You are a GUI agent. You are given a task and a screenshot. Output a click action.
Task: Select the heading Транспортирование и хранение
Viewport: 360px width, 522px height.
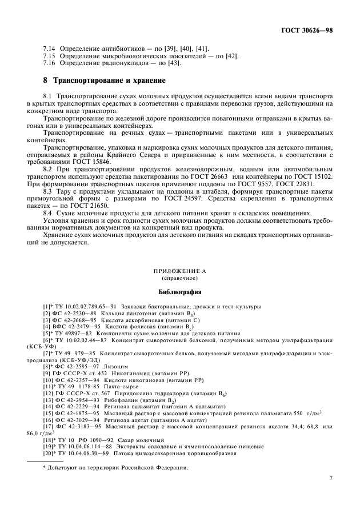[x=109, y=80]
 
